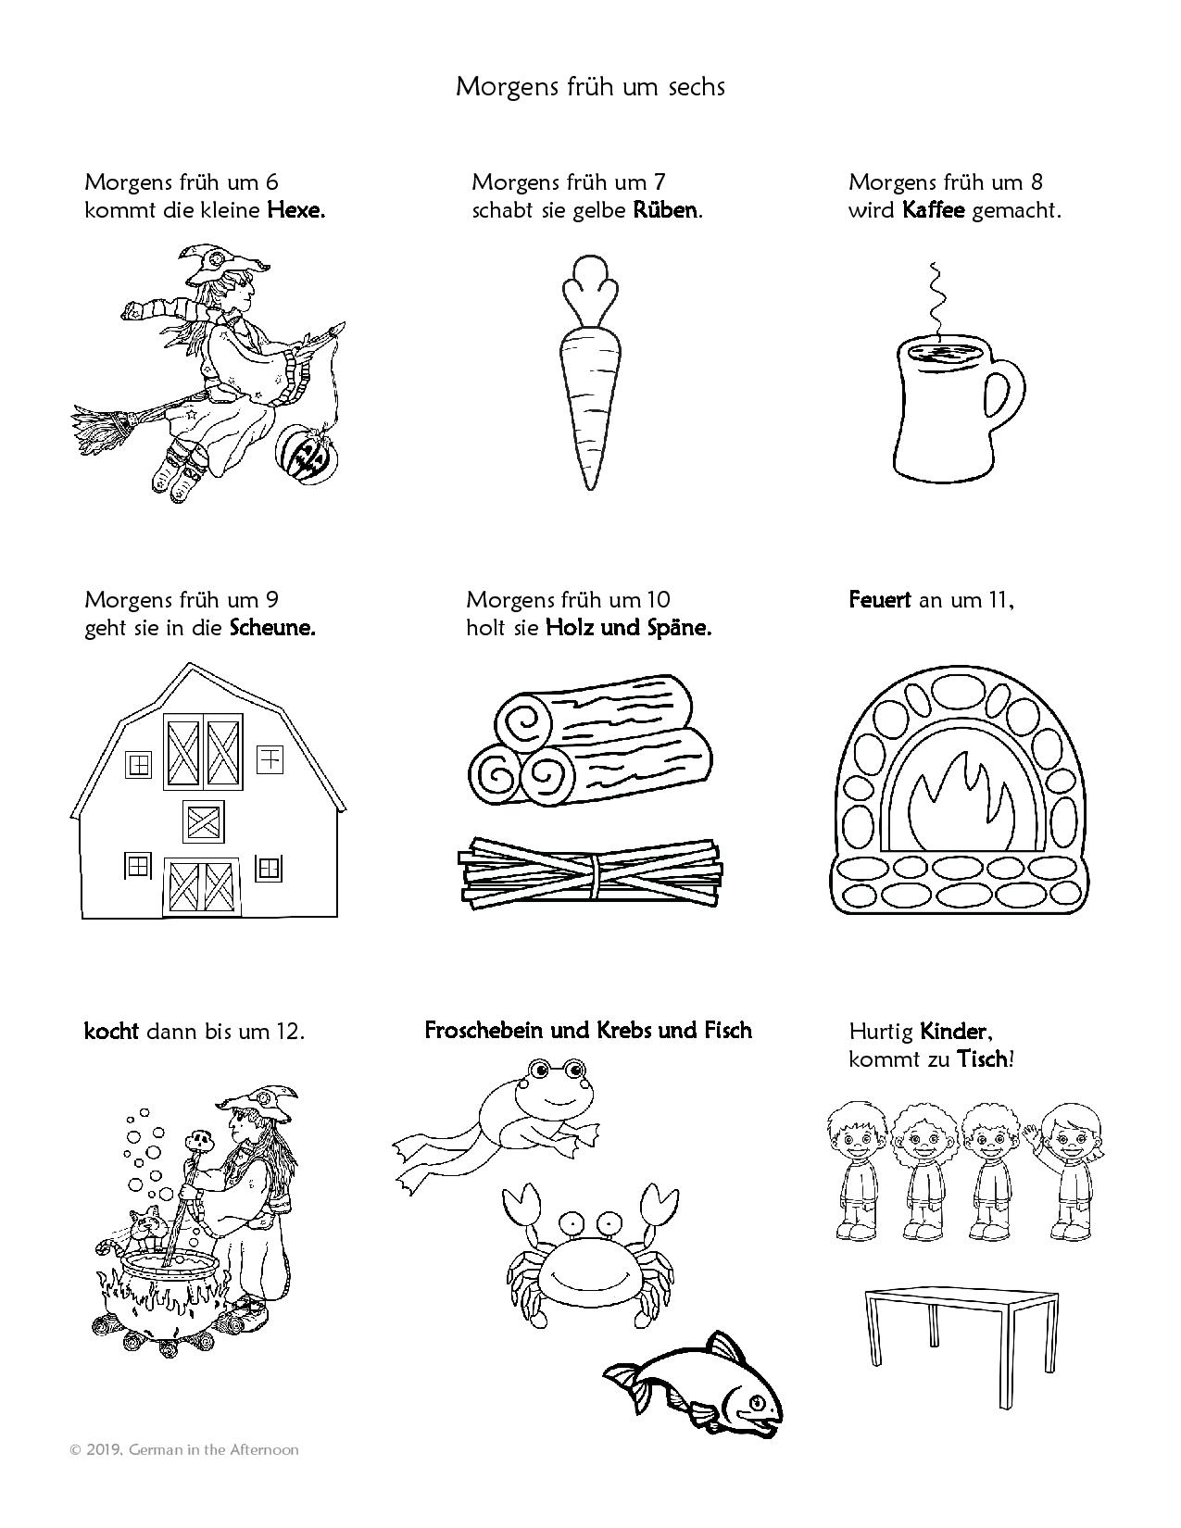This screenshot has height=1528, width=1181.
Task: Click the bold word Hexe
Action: click(295, 210)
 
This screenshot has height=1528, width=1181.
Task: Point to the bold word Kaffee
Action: click(933, 210)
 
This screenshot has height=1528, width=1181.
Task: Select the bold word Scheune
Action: click(272, 628)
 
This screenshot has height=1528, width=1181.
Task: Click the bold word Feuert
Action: click(880, 600)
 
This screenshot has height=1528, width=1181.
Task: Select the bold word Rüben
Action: click(666, 210)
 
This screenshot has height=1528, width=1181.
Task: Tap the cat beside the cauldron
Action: click(146, 1228)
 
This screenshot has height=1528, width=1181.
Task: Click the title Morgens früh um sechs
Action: click(590, 86)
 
